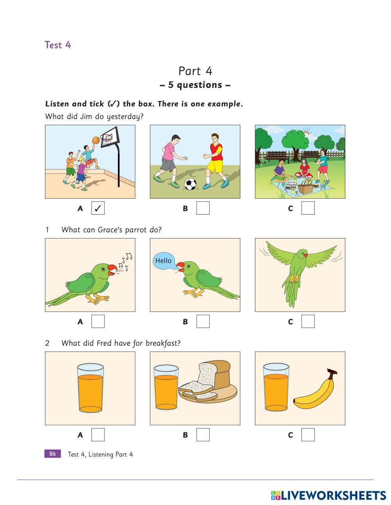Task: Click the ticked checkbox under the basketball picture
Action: (x=98, y=208)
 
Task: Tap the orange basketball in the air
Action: (x=96, y=140)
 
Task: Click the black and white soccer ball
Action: (x=190, y=184)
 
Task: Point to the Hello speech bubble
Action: (x=164, y=261)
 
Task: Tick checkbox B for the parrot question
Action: (x=203, y=322)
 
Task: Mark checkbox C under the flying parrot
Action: (x=308, y=322)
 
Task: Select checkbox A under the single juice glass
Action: (x=98, y=435)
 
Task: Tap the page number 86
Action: (x=53, y=453)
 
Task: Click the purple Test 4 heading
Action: (x=57, y=45)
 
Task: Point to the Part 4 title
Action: (x=195, y=71)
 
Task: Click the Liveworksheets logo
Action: (x=328, y=495)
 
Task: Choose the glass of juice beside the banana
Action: (x=276, y=387)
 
